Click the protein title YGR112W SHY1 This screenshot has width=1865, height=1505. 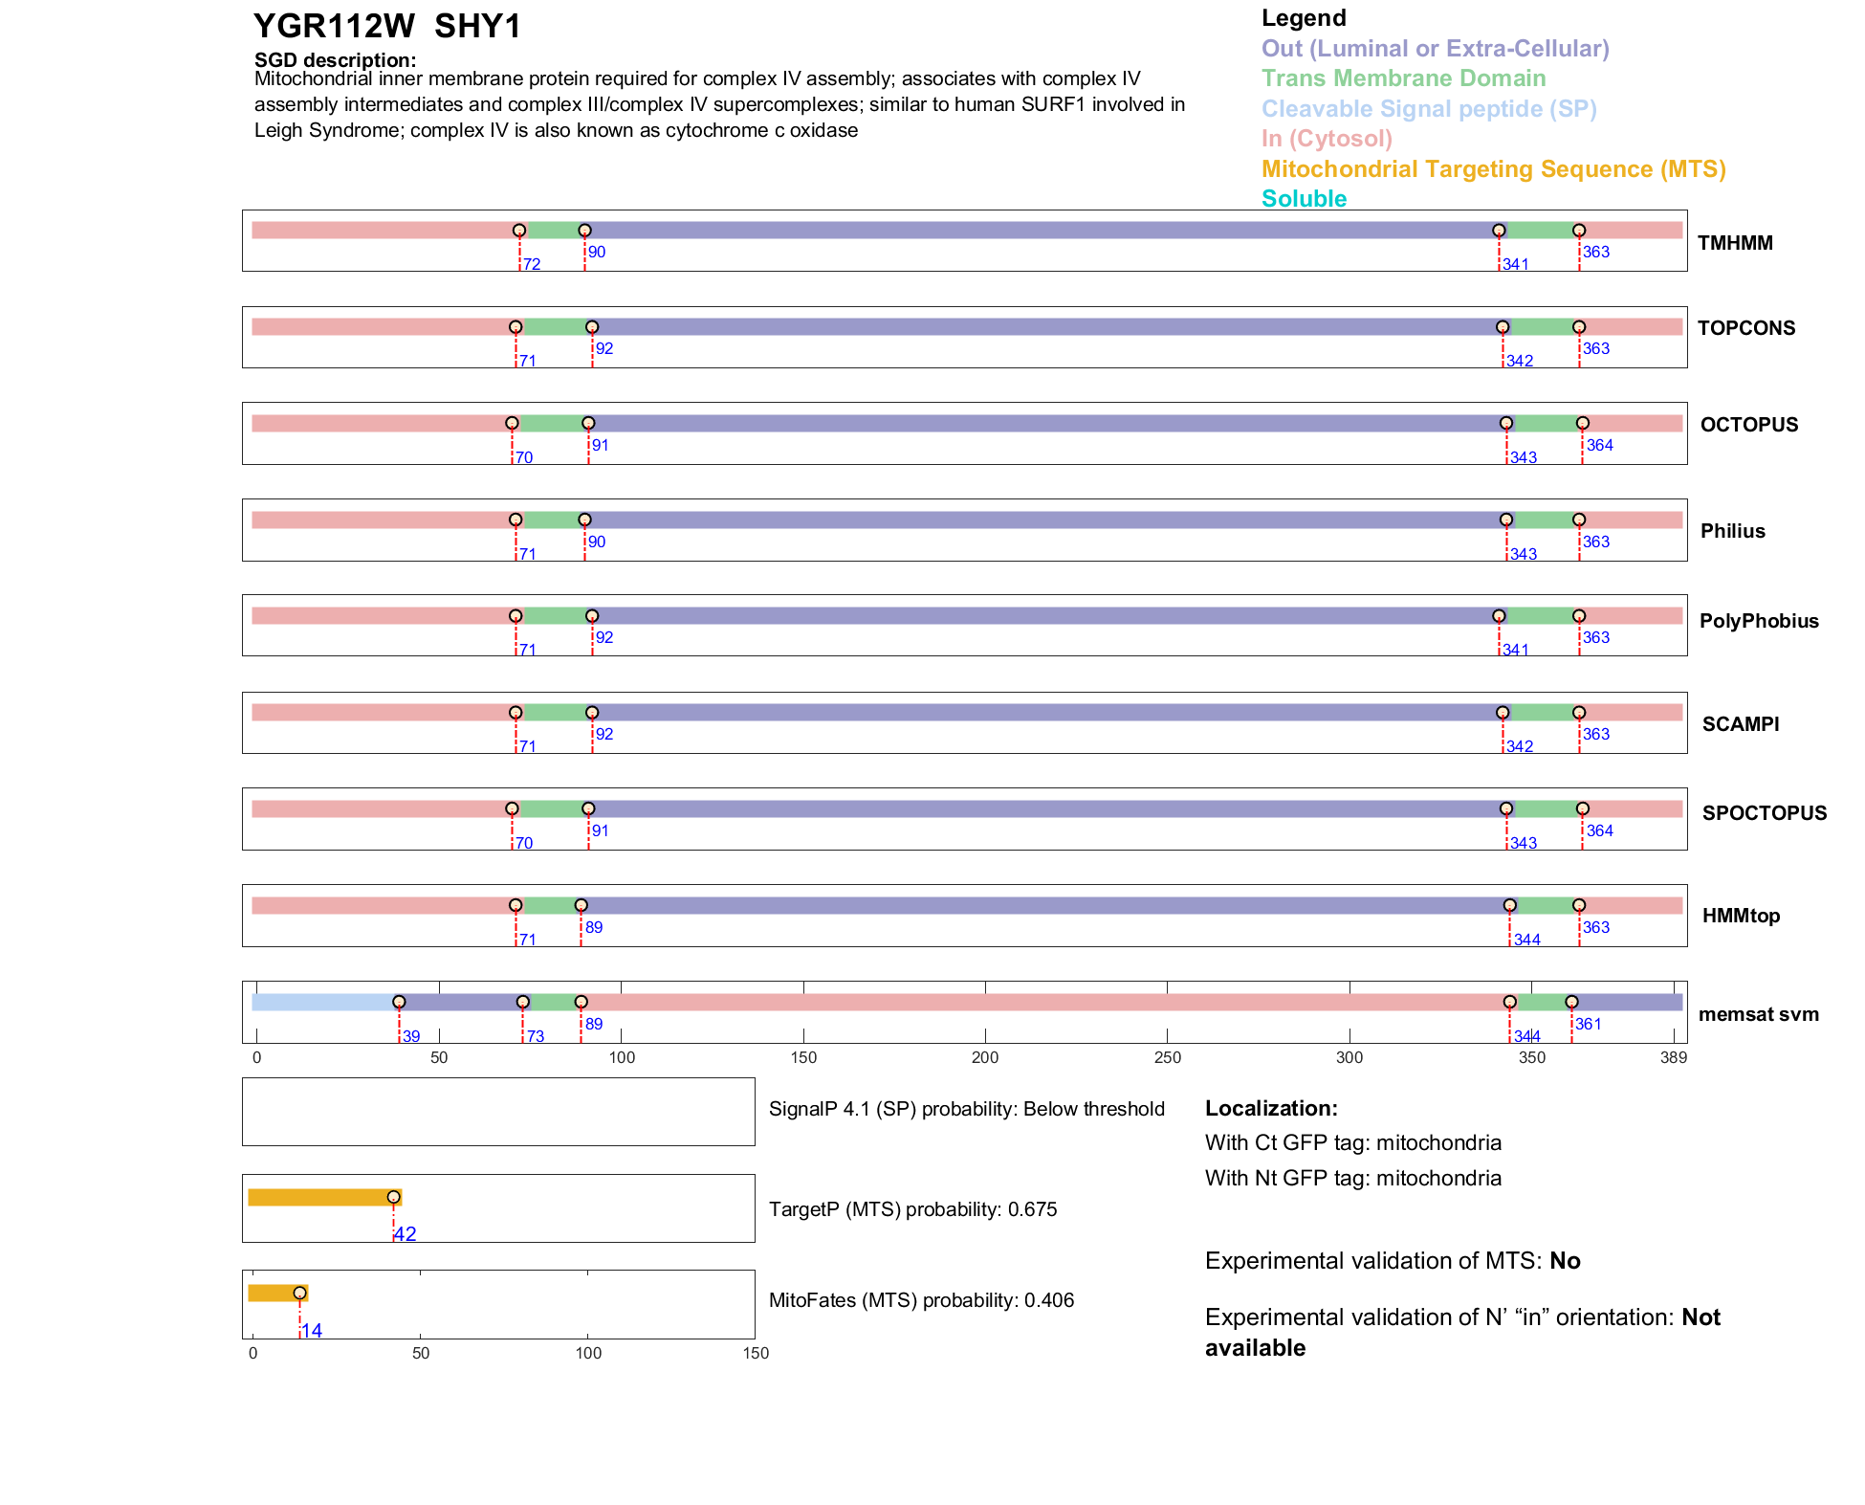(x=387, y=27)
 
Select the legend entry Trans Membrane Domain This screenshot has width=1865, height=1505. (x=1403, y=78)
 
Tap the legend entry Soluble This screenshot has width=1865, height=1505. (x=1304, y=199)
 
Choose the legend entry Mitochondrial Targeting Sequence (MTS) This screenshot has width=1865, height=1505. (x=1493, y=169)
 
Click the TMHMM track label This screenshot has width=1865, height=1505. (x=1735, y=243)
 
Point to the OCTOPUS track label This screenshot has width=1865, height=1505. (x=1748, y=425)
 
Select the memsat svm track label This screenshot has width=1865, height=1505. (x=1758, y=1014)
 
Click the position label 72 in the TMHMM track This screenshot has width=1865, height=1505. (x=532, y=265)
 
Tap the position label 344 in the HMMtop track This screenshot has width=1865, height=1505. (x=1526, y=941)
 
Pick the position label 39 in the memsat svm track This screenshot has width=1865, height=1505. (x=411, y=1037)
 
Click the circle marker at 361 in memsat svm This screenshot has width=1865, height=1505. (x=1571, y=1002)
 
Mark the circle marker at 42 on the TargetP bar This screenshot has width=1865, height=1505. (x=393, y=1197)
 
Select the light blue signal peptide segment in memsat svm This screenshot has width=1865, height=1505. (x=323, y=1002)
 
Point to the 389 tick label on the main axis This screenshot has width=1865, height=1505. (x=1674, y=1058)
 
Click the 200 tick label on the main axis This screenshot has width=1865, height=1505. (x=985, y=1058)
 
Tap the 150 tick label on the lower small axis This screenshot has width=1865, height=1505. (x=756, y=1354)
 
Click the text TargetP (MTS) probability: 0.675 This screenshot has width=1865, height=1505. (x=912, y=1209)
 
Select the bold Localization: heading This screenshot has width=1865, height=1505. (x=1271, y=1109)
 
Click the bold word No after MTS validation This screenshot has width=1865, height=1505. (x=1565, y=1261)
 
